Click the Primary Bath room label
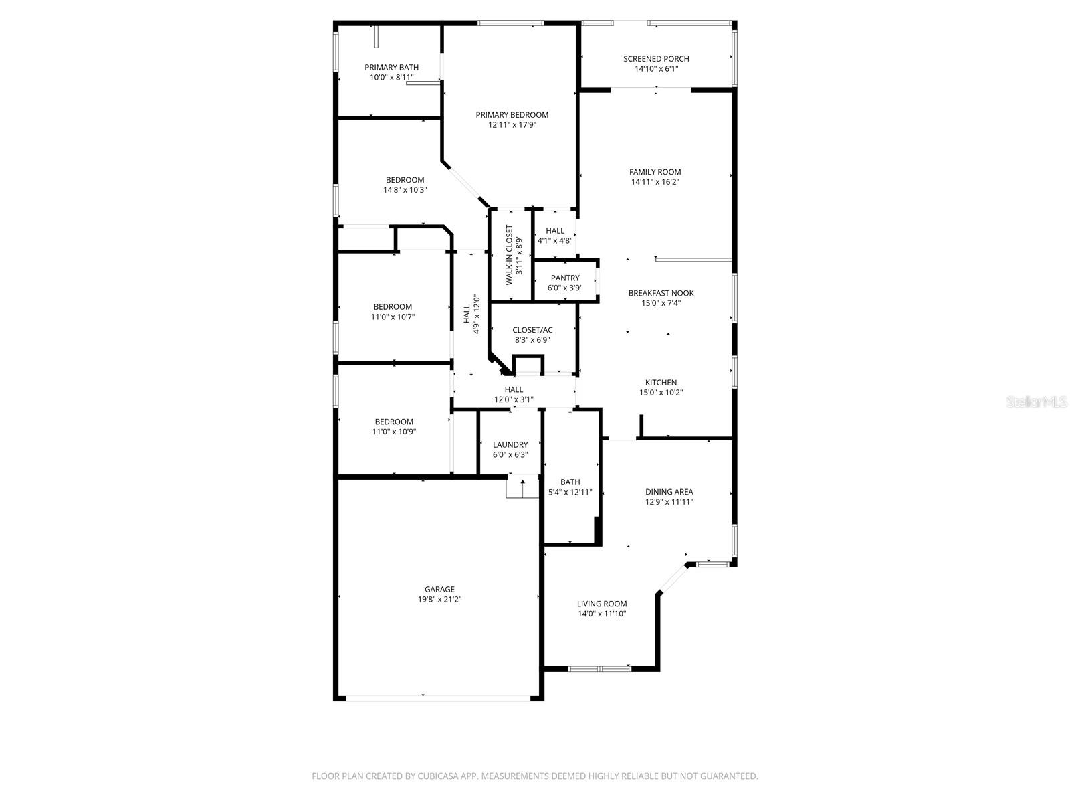[391, 68]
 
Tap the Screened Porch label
[655, 58]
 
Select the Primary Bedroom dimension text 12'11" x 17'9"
[512, 125]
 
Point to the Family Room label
[655, 171]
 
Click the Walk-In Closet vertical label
[510, 254]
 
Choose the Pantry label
[565, 278]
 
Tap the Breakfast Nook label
[661, 293]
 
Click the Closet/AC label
[532, 330]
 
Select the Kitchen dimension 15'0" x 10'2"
[661, 393]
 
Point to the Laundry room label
[510, 444]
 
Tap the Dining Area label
[669, 492]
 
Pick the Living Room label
[601, 604]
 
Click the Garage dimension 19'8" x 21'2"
[439, 599]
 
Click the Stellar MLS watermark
[1037, 401]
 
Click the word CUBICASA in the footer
[438, 776]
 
